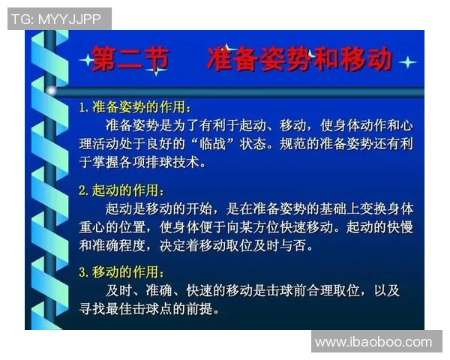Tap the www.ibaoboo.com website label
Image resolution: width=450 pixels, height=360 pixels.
coord(373,342)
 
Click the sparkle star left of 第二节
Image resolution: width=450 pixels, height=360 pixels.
coord(85,60)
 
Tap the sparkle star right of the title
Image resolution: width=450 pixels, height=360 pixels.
coord(407,61)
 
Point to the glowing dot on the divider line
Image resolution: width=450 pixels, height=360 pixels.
coord(52,90)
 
